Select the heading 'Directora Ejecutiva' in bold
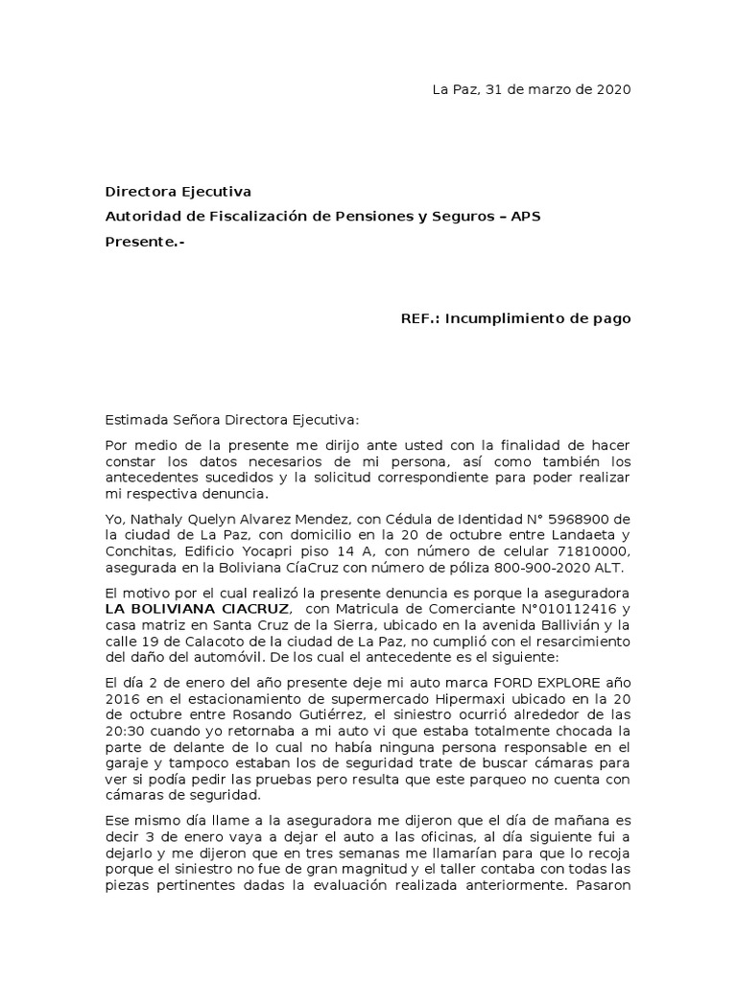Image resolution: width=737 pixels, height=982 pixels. click(x=178, y=192)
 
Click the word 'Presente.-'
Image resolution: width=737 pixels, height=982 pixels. click(x=144, y=241)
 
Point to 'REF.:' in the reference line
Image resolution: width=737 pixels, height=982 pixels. click(x=420, y=318)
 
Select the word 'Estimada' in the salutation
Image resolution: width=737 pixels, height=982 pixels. click(x=135, y=419)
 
